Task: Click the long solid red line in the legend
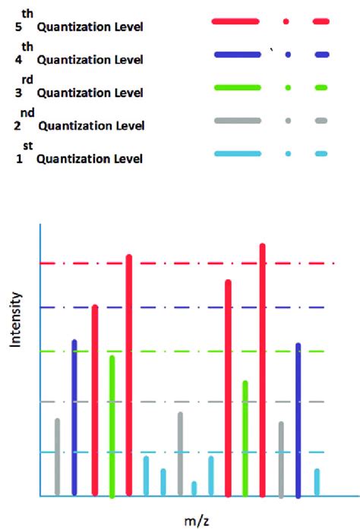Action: point(236,22)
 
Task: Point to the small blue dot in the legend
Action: point(288,55)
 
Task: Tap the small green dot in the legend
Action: point(288,88)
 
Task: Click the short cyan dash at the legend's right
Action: point(321,154)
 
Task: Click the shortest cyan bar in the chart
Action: point(194,488)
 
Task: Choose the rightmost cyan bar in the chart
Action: point(317,482)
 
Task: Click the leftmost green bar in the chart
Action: point(112,425)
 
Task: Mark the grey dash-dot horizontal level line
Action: point(152,401)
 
